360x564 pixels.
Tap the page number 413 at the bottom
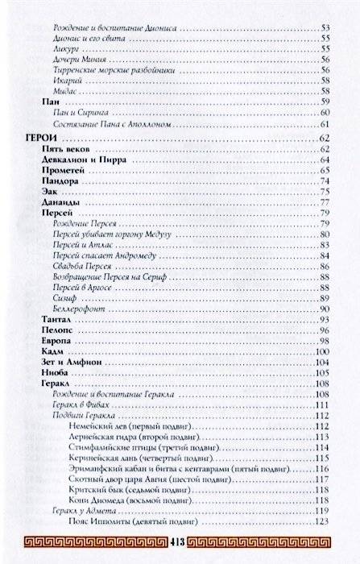180,539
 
